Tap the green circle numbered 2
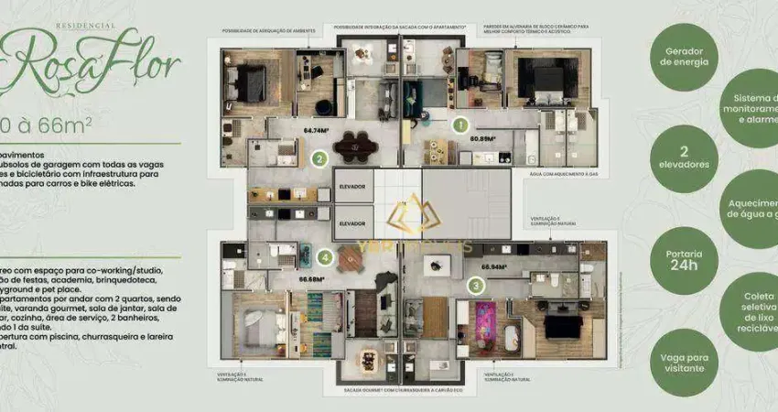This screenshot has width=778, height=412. (x=319, y=158)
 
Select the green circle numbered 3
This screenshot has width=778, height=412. (x=477, y=285)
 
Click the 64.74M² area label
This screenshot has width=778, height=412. (x=317, y=130)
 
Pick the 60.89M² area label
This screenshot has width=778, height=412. (x=482, y=140)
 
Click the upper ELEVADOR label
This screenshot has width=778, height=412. (x=351, y=187)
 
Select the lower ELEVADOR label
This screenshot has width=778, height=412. (x=351, y=223)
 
